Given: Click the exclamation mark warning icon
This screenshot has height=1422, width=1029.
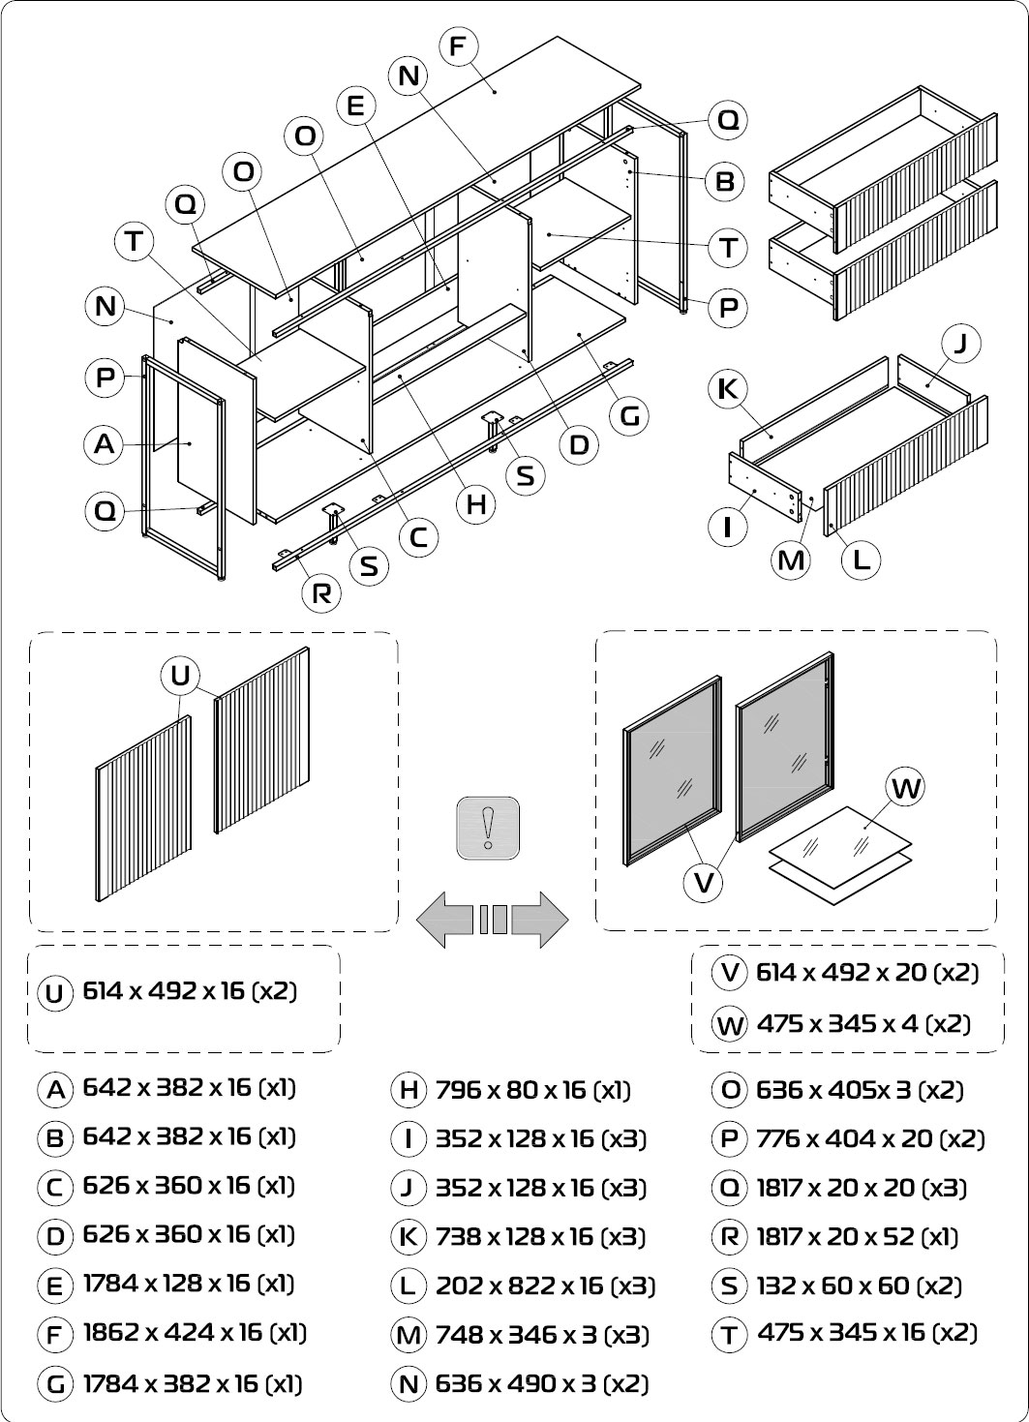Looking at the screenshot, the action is [488, 829].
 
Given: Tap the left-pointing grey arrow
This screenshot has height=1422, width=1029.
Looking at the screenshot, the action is [445, 920].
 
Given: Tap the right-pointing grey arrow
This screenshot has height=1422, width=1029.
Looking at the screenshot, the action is [539, 920].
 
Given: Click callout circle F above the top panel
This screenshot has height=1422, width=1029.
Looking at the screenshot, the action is [458, 46].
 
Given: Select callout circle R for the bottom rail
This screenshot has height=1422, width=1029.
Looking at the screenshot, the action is [321, 593].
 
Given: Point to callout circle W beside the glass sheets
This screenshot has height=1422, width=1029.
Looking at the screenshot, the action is [905, 787].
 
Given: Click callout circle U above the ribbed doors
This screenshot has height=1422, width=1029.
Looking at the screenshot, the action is [180, 675].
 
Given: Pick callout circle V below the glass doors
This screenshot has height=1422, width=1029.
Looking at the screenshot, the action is [704, 882].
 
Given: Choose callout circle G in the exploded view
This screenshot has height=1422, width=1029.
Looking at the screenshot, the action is [629, 416].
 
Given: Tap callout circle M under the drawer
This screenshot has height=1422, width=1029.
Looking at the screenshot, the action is [790, 560].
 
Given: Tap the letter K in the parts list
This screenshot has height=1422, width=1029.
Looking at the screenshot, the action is [409, 1237].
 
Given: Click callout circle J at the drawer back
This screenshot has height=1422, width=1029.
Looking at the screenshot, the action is [961, 344].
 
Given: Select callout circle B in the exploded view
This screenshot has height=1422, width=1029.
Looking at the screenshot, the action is [725, 182].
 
